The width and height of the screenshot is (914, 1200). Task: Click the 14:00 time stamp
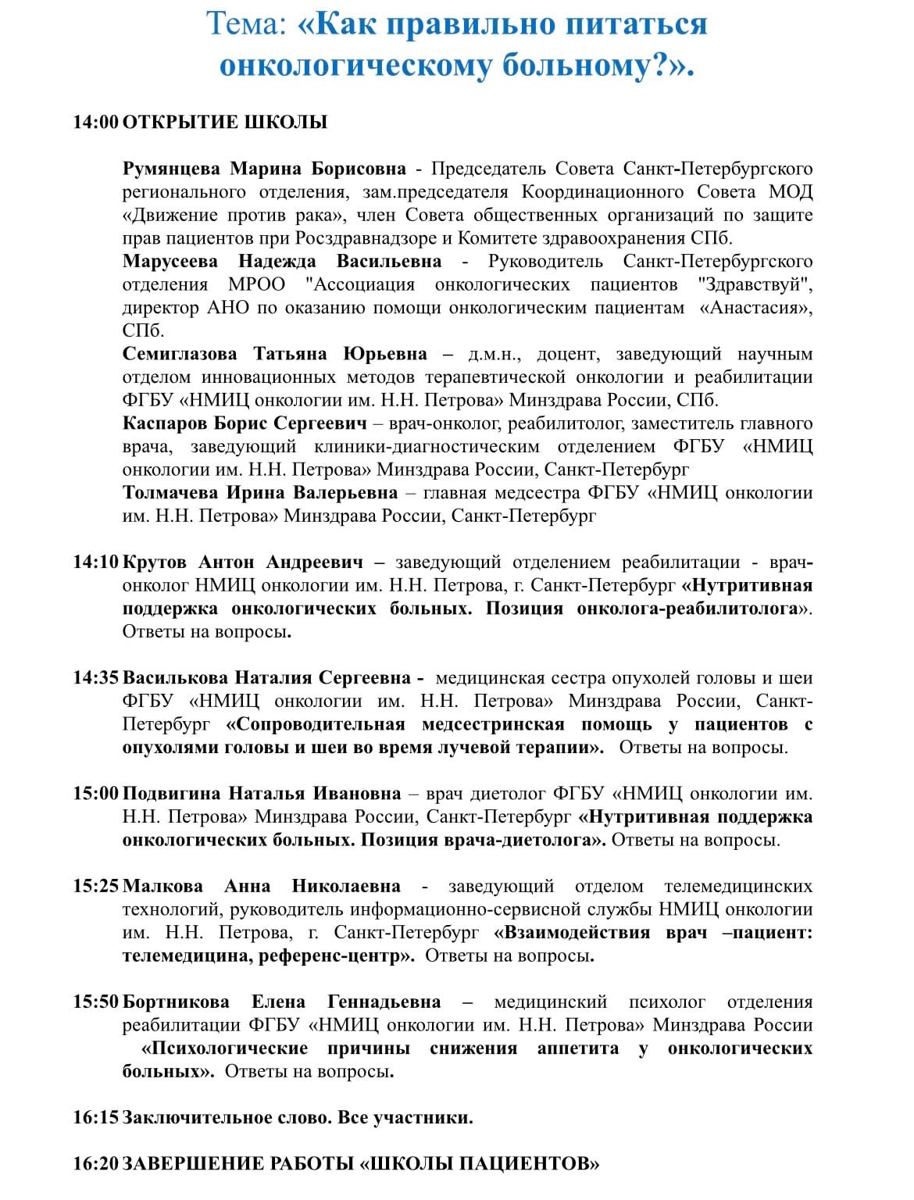pyautogui.click(x=96, y=122)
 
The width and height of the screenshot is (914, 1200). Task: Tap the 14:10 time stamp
pyautogui.click(x=96, y=562)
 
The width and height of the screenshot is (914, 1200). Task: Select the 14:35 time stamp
pyautogui.click(x=96, y=678)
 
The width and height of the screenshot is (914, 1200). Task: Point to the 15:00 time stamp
pyautogui.click(x=96, y=794)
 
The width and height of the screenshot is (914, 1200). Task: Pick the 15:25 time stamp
pyautogui.click(x=96, y=886)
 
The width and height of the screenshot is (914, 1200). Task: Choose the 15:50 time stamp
pyautogui.click(x=96, y=1002)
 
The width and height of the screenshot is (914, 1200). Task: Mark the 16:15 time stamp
pyautogui.click(x=96, y=1117)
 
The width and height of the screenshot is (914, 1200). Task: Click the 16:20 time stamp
pyautogui.click(x=96, y=1164)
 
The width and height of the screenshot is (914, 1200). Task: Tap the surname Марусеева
pyautogui.click(x=170, y=261)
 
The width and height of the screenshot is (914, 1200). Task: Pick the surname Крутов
pyautogui.click(x=154, y=562)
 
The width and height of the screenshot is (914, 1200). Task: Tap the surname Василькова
pyautogui.click(x=175, y=678)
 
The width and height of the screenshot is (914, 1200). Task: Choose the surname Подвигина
pyautogui.click(x=171, y=794)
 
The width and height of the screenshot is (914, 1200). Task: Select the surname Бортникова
pyautogui.click(x=176, y=1002)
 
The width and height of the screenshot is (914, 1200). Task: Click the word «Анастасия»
pyautogui.click(x=755, y=308)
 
